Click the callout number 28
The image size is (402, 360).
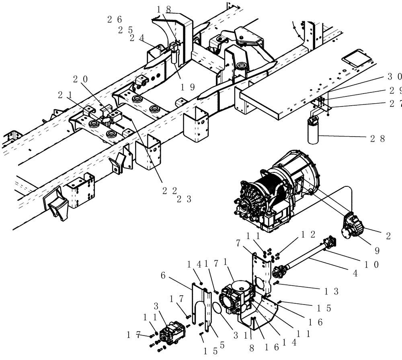click(377, 139)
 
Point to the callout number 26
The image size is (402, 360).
click(115, 19)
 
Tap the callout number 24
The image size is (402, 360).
click(137, 38)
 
